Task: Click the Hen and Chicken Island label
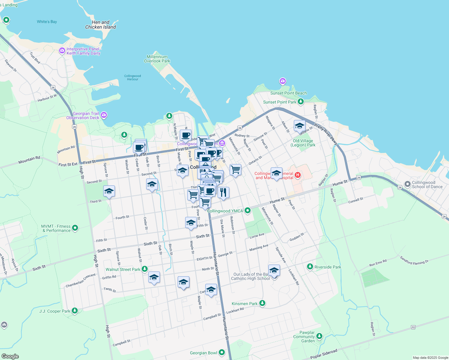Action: click(x=101, y=25)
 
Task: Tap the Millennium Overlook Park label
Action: click(x=157, y=59)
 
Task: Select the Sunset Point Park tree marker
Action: click(x=300, y=102)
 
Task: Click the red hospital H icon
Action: click(x=297, y=175)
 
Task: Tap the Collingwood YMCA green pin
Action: click(x=248, y=211)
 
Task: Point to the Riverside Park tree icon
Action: click(x=310, y=267)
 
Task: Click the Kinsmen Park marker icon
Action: click(x=262, y=303)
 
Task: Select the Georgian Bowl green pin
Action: click(x=222, y=352)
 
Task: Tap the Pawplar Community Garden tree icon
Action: click(x=319, y=336)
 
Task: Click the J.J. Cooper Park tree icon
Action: click(x=75, y=311)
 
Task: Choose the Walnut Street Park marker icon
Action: click(x=145, y=269)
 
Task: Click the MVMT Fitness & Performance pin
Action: click(x=75, y=228)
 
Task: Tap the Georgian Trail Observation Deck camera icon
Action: click(x=104, y=115)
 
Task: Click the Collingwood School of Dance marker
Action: click(x=407, y=184)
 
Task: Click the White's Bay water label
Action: click(x=47, y=22)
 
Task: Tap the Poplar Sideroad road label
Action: click(x=324, y=354)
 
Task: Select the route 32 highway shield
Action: click(x=413, y=327)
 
